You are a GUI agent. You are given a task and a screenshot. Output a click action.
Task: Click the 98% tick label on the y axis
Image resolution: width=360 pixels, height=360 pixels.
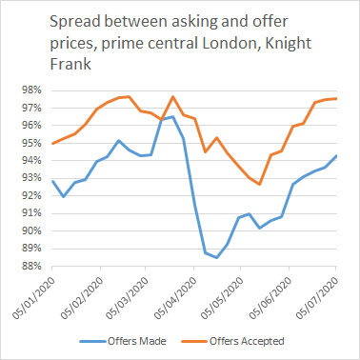pyautogui.click(x=28, y=90)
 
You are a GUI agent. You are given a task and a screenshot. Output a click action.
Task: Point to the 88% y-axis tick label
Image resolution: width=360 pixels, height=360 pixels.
pyautogui.click(x=28, y=267)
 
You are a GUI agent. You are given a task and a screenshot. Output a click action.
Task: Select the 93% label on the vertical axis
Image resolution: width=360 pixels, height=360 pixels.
pyautogui.click(x=28, y=178)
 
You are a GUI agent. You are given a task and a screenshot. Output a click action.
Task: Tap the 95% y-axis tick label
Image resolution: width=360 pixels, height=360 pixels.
pyautogui.click(x=28, y=143)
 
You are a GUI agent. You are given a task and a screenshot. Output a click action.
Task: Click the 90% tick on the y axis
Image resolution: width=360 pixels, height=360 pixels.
pyautogui.click(x=28, y=231)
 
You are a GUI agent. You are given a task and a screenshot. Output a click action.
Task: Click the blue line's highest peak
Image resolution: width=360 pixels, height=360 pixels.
pyautogui.click(x=172, y=117)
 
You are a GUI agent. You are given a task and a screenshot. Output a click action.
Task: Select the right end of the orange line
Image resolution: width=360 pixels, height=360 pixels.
pyautogui.click(x=336, y=98)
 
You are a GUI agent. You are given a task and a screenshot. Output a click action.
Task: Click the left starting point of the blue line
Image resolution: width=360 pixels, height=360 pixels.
pyautogui.click(x=53, y=181)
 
